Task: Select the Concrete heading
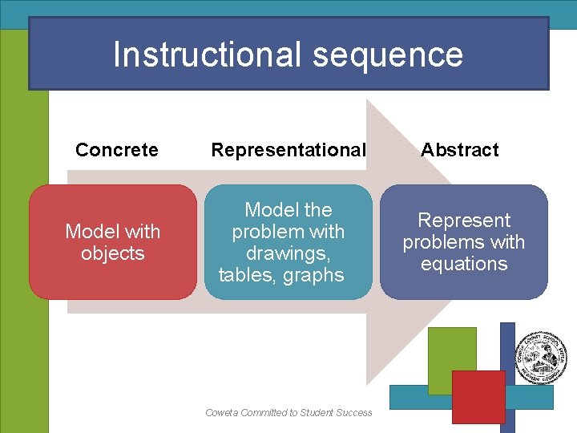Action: click(x=116, y=150)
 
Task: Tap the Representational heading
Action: click(x=288, y=150)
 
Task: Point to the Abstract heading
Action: click(x=460, y=150)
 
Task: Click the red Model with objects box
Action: click(x=113, y=242)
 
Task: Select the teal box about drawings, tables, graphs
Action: click(x=288, y=242)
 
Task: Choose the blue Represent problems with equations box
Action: click(x=464, y=242)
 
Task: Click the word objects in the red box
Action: click(x=113, y=253)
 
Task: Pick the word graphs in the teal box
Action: click(x=313, y=275)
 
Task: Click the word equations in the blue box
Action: click(x=464, y=264)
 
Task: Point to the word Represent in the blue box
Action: click(x=464, y=221)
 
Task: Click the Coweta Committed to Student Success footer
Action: click(x=288, y=413)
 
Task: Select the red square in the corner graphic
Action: click(x=478, y=396)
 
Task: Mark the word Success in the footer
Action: click(x=353, y=413)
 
